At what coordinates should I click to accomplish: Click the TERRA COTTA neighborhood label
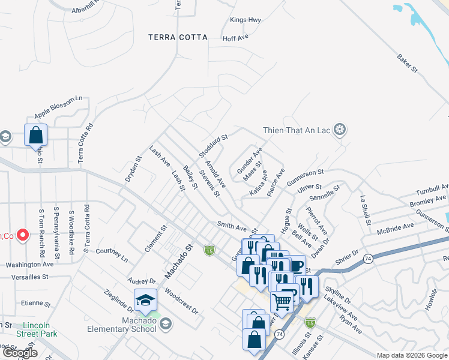(x=178, y=37)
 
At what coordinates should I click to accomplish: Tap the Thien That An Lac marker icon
(x=340, y=130)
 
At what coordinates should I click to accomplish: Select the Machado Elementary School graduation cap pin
(x=145, y=300)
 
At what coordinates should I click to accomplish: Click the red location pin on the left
(x=23, y=235)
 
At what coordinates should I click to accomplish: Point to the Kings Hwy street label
(x=246, y=20)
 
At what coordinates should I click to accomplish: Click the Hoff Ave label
(x=235, y=38)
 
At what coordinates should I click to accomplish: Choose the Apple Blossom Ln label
(x=58, y=107)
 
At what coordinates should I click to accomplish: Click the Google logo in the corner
(x=20, y=353)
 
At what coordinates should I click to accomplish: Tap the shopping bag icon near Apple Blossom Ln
(x=35, y=135)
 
